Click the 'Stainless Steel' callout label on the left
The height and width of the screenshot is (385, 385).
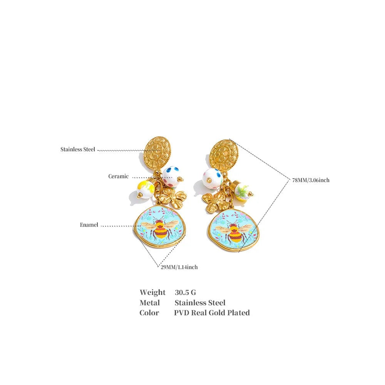pos(78,149)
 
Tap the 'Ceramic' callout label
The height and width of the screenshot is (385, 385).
pos(118,176)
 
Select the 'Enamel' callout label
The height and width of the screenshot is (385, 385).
pos(89,225)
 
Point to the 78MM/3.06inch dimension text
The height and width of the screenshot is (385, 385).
pos(311,180)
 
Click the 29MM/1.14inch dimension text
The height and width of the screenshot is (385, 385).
pos(179,267)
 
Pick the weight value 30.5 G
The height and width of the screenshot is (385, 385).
pos(186,293)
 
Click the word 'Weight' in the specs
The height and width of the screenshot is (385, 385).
pos(152,293)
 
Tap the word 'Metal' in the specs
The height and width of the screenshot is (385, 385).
pos(149,303)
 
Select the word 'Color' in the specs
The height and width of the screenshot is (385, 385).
pos(149,313)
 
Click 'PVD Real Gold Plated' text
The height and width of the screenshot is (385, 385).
pos(212,313)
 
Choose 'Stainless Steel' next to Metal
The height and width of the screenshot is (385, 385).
pos(200,303)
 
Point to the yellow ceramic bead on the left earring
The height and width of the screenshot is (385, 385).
pos(146,189)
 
